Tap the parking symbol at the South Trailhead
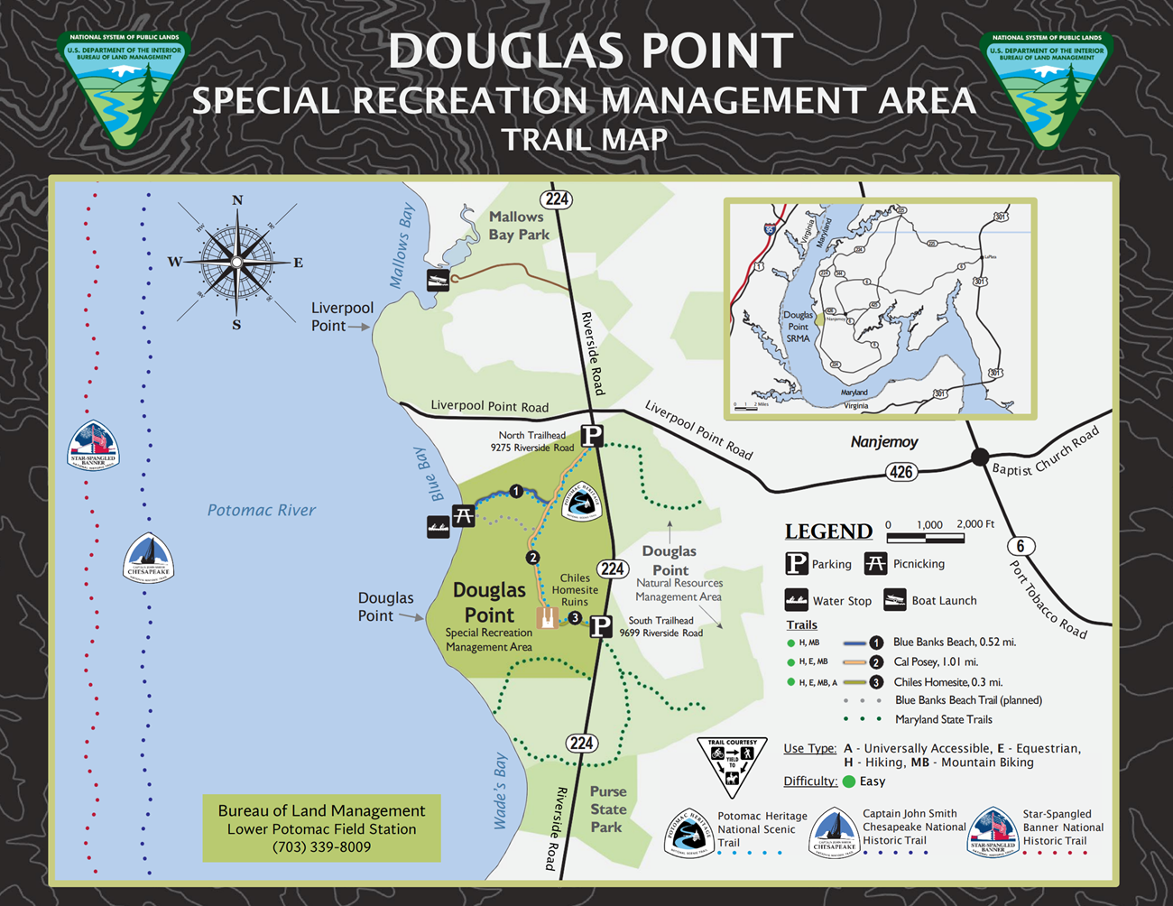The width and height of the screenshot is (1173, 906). [x=601, y=625]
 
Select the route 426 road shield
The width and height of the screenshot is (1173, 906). [x=901, y=471]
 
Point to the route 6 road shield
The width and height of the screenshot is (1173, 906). [x=1021, y=545]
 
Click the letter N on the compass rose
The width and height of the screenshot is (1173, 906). [x=237, y=200]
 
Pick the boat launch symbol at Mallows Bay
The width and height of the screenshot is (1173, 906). [x=439, y=280]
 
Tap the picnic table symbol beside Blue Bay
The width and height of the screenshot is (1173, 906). [x=464, y=516]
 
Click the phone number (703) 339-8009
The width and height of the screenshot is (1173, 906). [x=321, y=847]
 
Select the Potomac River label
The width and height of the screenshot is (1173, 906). [x=262, y=510]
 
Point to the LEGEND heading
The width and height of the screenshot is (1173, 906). [x=828, y=532]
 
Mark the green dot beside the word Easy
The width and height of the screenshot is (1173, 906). [x=849, y=781]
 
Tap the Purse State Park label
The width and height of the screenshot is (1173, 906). [x=607, y=809]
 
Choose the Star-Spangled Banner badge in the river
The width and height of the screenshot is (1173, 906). [x=93, y=446]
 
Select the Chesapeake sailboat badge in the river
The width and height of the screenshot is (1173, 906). [x=148, y=559]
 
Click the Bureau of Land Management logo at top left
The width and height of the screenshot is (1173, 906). [x=124, y=88]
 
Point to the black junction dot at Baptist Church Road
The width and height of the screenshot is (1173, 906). [x=980, y=457]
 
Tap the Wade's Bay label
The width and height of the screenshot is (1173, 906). [x=501, y=791]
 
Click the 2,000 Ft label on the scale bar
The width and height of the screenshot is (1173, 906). [x=975, y=524]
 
